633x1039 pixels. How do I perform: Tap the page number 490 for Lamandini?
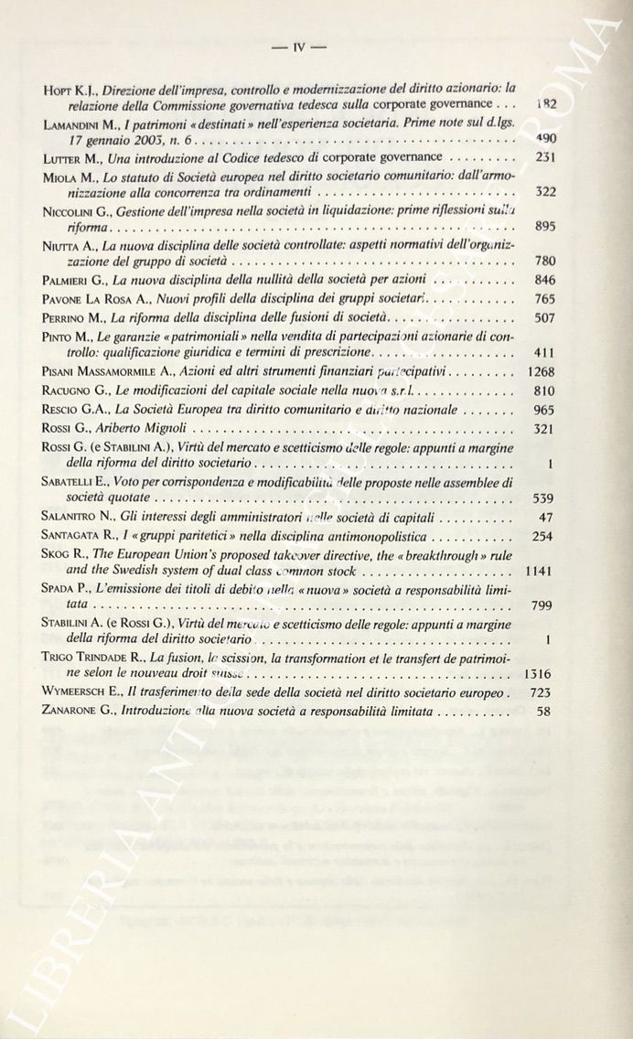click(x=545, y=139)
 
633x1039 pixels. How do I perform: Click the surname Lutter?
click(x=65, y=157)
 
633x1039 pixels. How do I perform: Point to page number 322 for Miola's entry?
click(x=545, y=192)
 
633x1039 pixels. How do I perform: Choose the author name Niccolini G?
click(x=80, y=209)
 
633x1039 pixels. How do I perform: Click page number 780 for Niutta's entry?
click(x=545, y=262)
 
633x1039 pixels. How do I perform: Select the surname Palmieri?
click(x=73, y=280)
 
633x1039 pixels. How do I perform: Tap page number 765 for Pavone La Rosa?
click(x=545, y=298)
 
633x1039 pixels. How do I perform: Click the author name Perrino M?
click(x=75, y=316)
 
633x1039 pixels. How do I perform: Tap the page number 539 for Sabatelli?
click(x=545, y=498)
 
